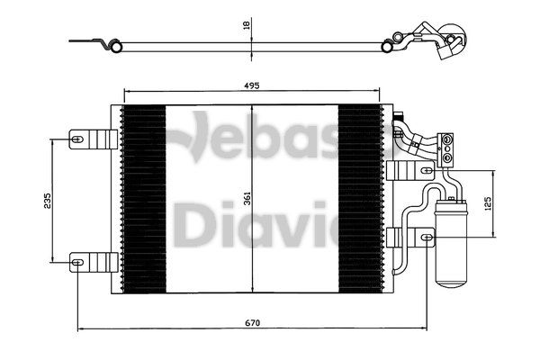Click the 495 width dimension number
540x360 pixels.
pyautogui.click(x=251, y=85)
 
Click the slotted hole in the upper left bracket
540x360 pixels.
pyautogui.click(x=78, y=139)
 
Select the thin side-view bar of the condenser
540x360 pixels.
pyautogui.click(x=252, y=42)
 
